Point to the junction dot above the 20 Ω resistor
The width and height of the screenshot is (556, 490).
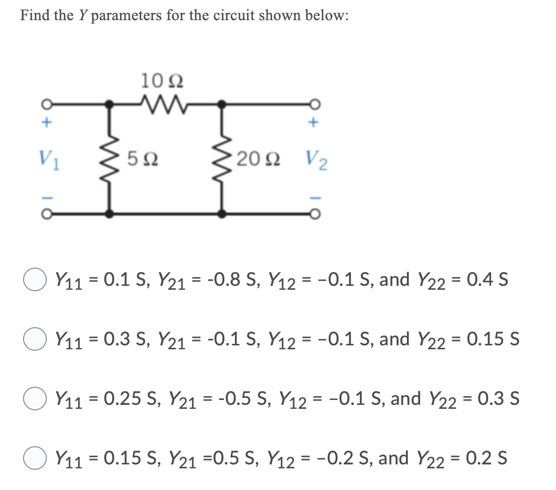pyautogui.click(x=222, y=104)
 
